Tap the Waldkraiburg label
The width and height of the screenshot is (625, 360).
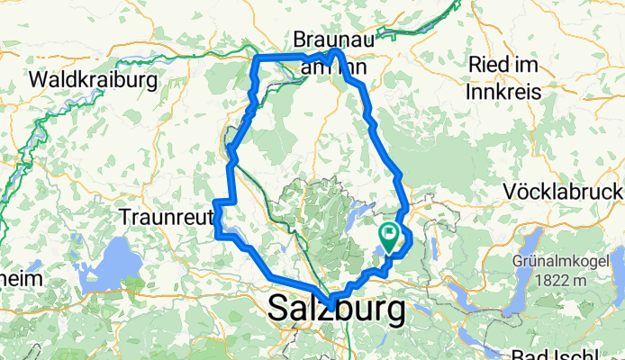(x=94, y=80)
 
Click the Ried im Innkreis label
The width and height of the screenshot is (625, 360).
(x=515, y=77)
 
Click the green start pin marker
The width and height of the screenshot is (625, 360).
(x=390, y=237)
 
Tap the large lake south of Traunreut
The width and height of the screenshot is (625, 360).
(x=113, y=265)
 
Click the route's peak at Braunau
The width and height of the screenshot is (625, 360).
(x=338, y=52)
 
